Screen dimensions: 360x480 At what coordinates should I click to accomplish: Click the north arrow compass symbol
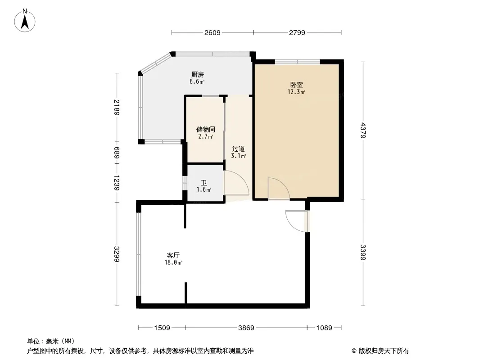click(x=25, y=20)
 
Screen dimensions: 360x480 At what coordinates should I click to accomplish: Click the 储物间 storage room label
click(x=205, y=130)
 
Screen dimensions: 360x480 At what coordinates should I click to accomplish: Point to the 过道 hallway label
click(x=238, y=149)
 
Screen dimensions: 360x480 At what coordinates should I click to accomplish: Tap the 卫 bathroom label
click(x=204, y=183)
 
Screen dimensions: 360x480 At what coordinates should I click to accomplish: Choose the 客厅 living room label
click(x=173, y=255)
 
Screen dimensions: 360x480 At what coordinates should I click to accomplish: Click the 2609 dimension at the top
click(x=212, y=32)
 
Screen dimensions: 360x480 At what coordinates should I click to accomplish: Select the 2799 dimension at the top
click(x=297, y=32)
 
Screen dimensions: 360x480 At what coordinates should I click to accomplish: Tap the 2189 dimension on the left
click(x=117, y=107)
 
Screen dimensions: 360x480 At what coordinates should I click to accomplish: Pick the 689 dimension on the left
click(x=117, y=153)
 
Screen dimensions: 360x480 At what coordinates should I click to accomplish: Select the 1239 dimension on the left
click(x=117, y=182)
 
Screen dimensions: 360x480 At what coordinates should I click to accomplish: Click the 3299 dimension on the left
click(x=117, y=254)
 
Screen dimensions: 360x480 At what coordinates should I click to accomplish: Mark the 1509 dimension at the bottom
click(x=162, y=328)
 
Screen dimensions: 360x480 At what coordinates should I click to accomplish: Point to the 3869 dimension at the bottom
click(x=246, y=328)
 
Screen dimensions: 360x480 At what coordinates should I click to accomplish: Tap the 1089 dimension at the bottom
click(x=324, y=328)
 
